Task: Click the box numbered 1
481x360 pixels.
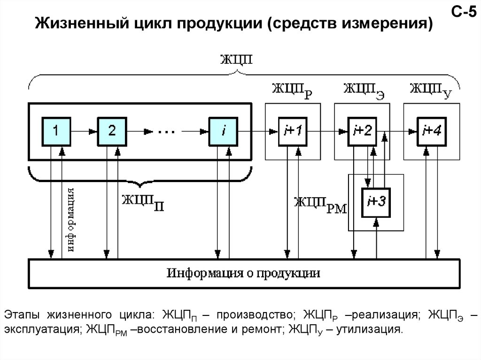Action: (x=56, y=131)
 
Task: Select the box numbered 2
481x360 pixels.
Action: (x=112, y=131)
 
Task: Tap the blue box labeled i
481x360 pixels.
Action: (x=224, y=131)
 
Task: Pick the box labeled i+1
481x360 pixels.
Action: (x=293, y=131)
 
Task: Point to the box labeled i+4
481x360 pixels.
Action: (x=431, y=131)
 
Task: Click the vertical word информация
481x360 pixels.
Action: (x=71, y=220)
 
